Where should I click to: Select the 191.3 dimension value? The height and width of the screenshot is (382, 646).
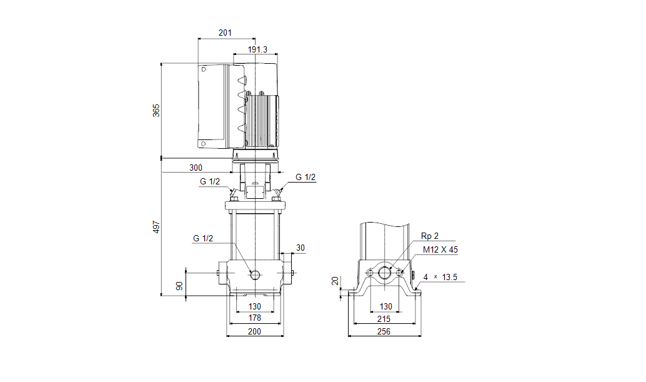click(x=257, y=49)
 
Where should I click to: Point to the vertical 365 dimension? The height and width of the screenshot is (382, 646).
click(x=157, y=111)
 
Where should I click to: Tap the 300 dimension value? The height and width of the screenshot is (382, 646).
click(x=196, y=168)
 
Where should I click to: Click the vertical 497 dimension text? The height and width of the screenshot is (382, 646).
click(x=157, y=227)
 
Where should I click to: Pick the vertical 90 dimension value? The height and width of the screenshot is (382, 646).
click(x=180, y=286)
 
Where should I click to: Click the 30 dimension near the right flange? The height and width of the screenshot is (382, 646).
click(x=301, y=248)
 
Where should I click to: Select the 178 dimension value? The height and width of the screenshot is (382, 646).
click(x=255, y=318)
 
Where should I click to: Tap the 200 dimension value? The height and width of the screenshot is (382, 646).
click(x=255, y=332)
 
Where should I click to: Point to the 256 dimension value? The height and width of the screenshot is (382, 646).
click(x=384, y=332)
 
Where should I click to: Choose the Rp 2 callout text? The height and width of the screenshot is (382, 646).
click(x=430, y=236)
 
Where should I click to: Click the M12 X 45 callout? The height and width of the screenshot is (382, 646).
click(x=440, y=249)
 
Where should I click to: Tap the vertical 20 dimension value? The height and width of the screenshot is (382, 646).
click(x=335, y=281)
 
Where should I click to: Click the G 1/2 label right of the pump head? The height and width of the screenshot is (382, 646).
click(x=306, y=178)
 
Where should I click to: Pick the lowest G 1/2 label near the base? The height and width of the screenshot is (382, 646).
click(x=203, y=238)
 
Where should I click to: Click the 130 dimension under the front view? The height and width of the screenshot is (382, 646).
click(x=255, y=306)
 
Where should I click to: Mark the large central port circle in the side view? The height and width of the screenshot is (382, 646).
click(x=386, y=273)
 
